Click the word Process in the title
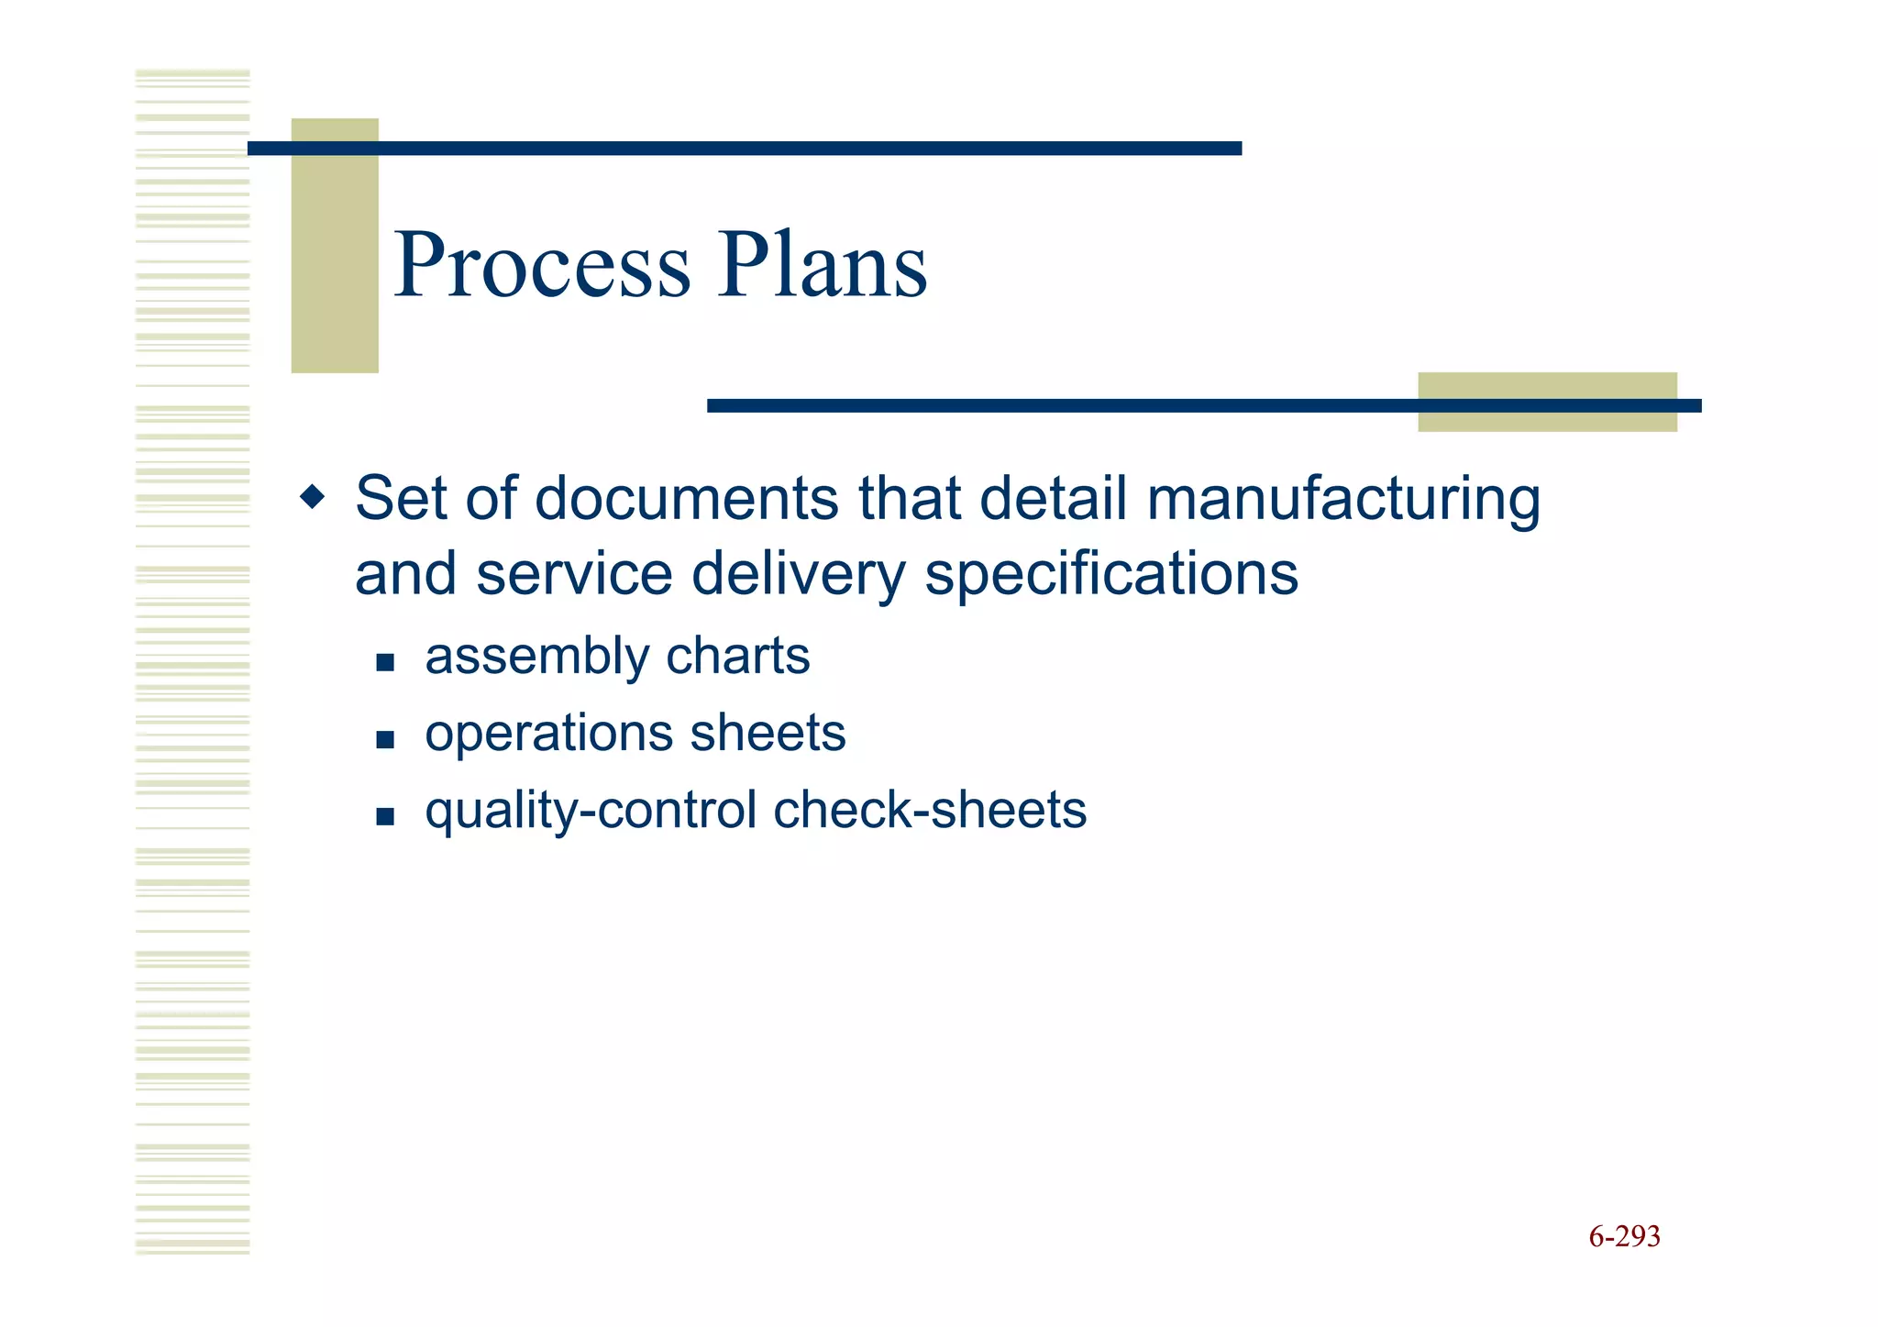pos(542,265)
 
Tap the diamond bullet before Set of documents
pos(313,498)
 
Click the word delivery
pos(797,576)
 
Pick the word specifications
pos(1110,576)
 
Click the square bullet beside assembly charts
pos(385,662)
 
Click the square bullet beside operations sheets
pos(385,739)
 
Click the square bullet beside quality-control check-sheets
pos(385,816)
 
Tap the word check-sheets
pos(930,810)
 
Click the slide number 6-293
pos(1624,1237)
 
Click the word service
pos(574,575)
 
